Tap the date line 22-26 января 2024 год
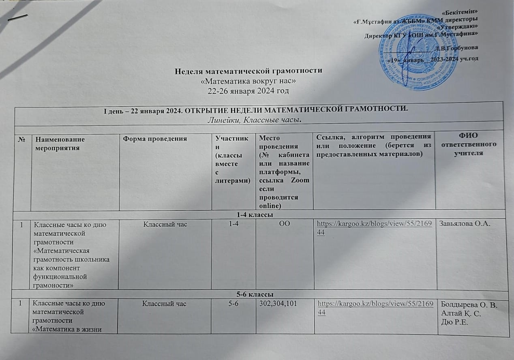pyautogui.click(x=248, y=90)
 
